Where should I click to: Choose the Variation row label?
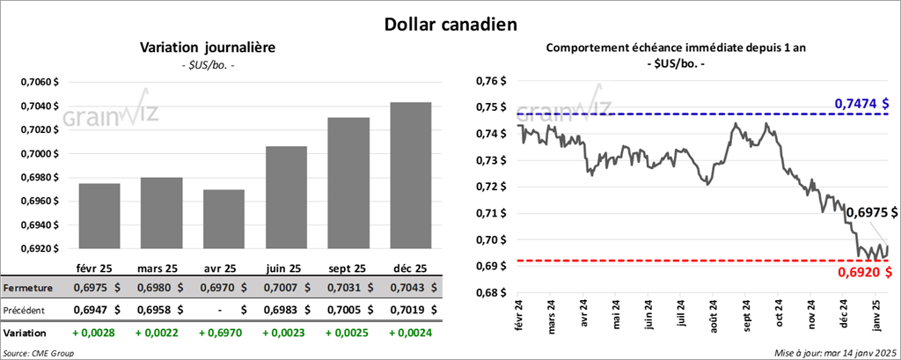[26, 334]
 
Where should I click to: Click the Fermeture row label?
[27, 288]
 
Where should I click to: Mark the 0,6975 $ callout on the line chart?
[871, 212]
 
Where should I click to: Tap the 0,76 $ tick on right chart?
[493, 82]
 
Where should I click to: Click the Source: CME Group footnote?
[40, 352]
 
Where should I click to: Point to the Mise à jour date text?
[836, 352]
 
